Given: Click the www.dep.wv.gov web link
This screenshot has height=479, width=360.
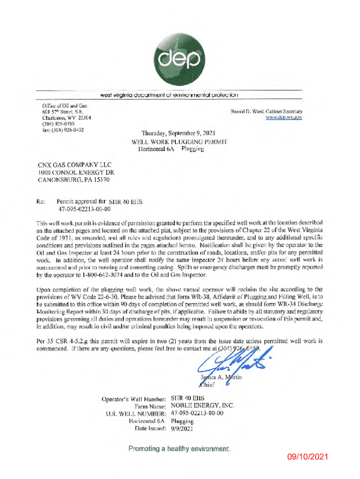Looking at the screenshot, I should (284, 118).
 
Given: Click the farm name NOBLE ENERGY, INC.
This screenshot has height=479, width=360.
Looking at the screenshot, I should (202, 406).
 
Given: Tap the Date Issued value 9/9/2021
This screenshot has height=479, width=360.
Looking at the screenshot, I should (182, 428).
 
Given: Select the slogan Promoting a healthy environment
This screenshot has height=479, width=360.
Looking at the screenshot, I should (180, 449).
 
